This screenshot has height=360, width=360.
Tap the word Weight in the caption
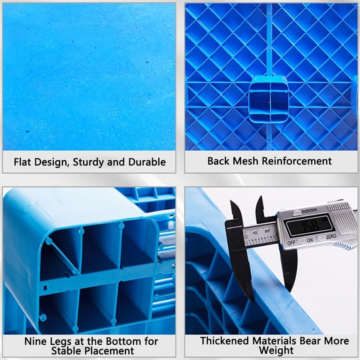(x=276, y=350)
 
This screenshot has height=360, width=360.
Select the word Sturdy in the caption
(x=88, y=162)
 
